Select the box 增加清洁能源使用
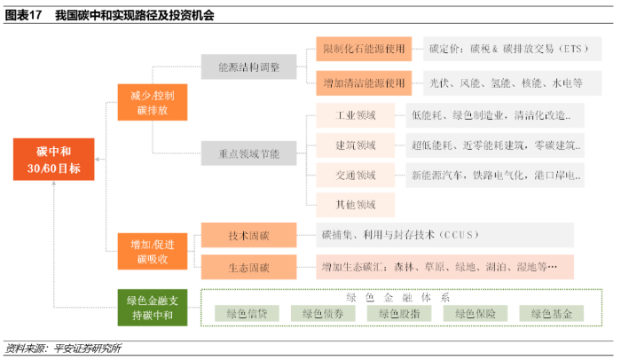pos(363,83)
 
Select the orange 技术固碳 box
pos(249,235)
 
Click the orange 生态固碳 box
pos(249,267)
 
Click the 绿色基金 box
pos(553,313)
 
